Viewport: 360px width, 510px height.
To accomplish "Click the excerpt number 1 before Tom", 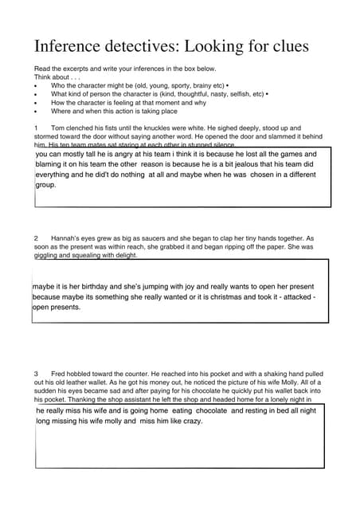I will click(x=37, y=127).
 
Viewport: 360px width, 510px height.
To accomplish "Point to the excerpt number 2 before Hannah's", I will click(x=37, y=238).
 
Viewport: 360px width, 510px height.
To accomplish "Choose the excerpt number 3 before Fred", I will click(x=37, y=373).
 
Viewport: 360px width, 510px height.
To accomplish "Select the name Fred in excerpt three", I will click(x=58, y=373).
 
